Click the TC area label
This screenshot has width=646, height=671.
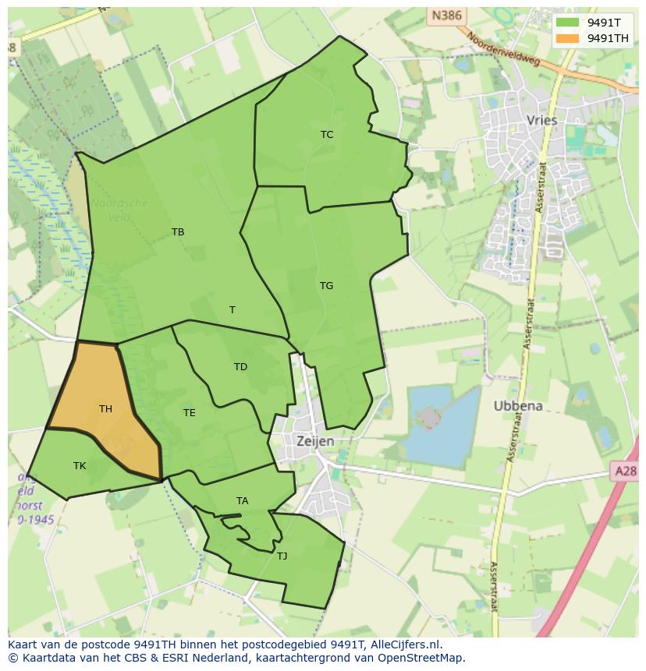[x=327, y=135]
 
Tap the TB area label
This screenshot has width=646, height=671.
[x=178, y=232]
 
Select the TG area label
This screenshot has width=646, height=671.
[x=326, y=286]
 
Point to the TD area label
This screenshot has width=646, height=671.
[x=240, y=367]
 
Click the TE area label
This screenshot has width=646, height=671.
[x=190, y=413]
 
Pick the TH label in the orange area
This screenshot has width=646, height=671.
[x=105, y=409]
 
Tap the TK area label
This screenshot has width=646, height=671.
[x=80, y=466]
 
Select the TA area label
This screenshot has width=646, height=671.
[x=243, y=501]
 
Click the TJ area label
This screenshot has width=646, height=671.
[x=282, y=556]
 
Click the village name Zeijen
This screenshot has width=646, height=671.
[x=315, y=441]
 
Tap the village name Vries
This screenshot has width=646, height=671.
[x=542, y=121]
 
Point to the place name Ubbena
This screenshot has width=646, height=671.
[x=518, y=406]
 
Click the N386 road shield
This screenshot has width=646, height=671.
[x=447, y=15]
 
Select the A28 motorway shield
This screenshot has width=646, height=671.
[x=625, y=471]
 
